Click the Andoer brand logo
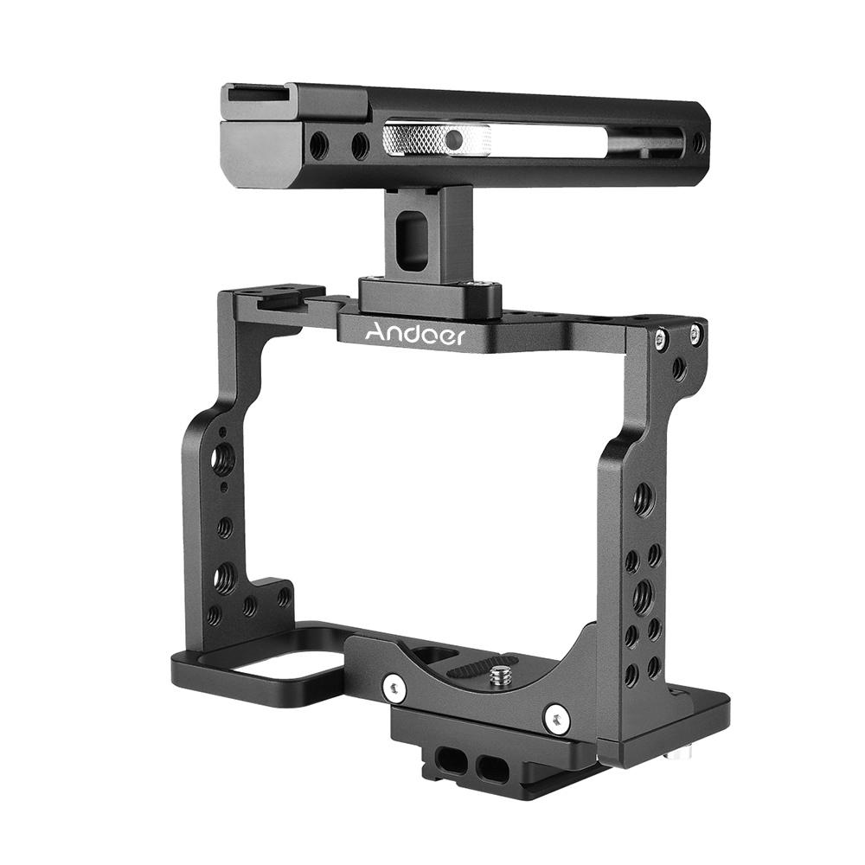[x=415, y=334]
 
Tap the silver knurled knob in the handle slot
[x=436, y=140]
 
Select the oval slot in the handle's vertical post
[x=413, y=242]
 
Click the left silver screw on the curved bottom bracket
[x=394, y=688]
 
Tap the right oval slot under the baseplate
[x=490, y=766]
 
